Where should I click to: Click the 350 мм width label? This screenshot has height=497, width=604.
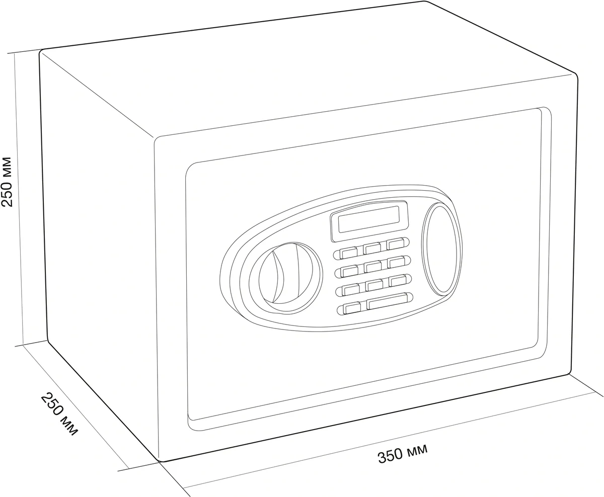(402, 455)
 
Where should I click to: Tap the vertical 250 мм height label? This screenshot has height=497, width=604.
(7, 182)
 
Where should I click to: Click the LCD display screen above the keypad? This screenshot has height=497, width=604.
(369, 219)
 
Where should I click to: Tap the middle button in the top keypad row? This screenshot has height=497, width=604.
(372, 248)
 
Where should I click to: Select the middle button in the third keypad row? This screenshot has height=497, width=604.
(374, 285)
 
